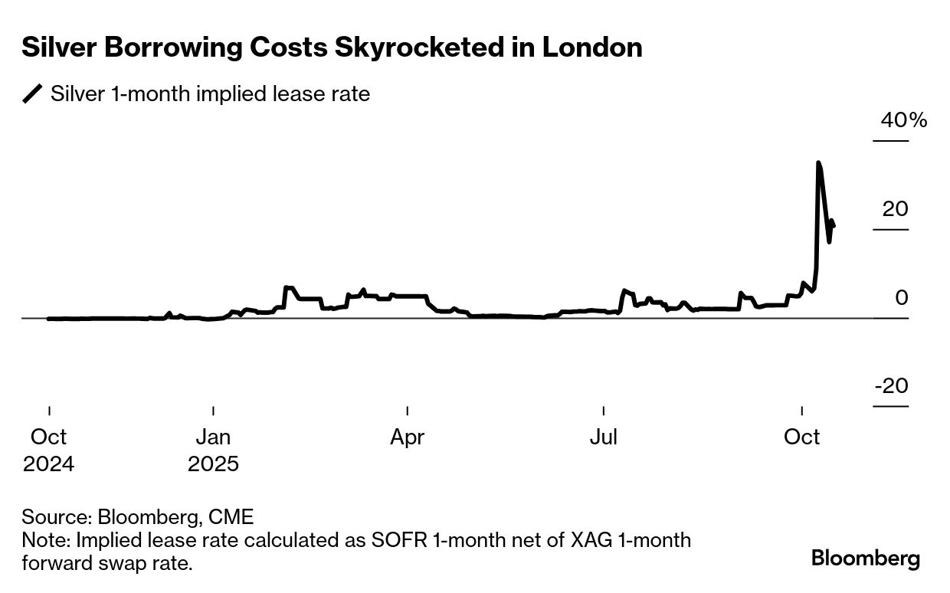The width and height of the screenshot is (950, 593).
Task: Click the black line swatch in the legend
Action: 32,94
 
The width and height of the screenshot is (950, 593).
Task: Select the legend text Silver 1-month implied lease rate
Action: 210,94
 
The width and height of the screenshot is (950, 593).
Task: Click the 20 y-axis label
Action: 895,208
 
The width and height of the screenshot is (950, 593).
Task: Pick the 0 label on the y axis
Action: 902,297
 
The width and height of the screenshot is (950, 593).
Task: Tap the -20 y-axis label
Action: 891,385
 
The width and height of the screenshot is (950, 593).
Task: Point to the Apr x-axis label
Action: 407,437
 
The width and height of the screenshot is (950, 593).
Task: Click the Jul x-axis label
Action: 604,437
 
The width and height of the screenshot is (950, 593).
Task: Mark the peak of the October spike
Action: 818,162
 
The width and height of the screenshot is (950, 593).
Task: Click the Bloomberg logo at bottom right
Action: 866,558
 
